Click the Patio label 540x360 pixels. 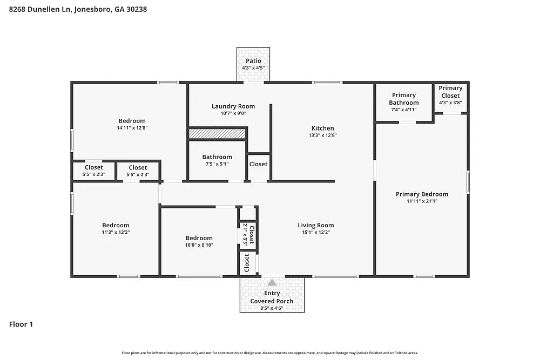click(x=253, y=61)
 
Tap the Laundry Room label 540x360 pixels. click(x=233, y=106)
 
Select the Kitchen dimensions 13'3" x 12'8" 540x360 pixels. click(x=322, y=135)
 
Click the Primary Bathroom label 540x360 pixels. click(x=404, y=99)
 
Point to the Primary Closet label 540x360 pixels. click(x=450, y=92)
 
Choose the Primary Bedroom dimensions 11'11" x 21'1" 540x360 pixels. click(x=422, y=201)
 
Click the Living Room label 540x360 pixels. click(x=316, y=225)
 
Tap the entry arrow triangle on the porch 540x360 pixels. click(x=272, y=282)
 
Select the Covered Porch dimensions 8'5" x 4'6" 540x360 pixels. click(x=272, y=308)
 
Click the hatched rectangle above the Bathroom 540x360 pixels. click(x=217, y=133)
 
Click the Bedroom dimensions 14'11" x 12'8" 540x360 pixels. click(x=132, y=128)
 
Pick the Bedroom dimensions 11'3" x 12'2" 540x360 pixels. click(x=116, y=232)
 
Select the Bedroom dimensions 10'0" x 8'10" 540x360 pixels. click(x=199, y=244)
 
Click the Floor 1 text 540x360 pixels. click(x=21, y=324)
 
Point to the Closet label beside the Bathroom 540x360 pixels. click(x=258, y=164)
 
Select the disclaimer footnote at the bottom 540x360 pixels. click(x=269, y=352)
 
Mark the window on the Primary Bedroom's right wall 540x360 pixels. click(x=468, y=181)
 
